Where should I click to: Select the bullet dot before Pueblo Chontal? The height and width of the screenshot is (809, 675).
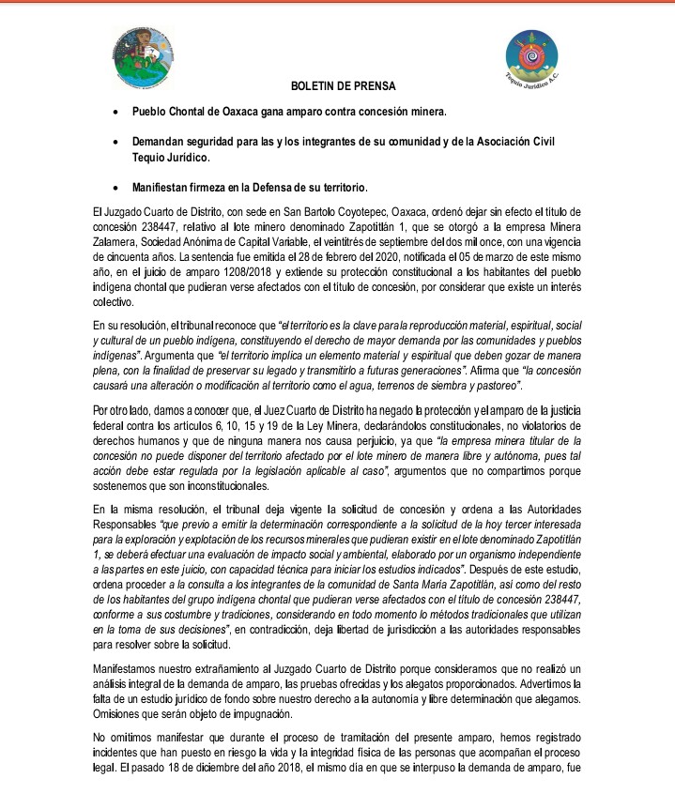click(x=115, y=111)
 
